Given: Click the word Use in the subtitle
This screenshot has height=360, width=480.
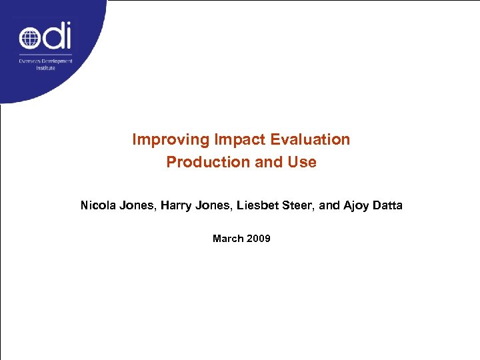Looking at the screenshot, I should (x=302, y=162).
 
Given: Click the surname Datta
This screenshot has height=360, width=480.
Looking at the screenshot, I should (x=387, y=205).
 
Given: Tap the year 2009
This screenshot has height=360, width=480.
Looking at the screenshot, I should (x=258, y=238).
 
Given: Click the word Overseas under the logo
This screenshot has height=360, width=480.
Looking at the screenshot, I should (x=29, y=61).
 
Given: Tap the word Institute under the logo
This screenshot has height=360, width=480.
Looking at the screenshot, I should (x=45, y=68).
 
